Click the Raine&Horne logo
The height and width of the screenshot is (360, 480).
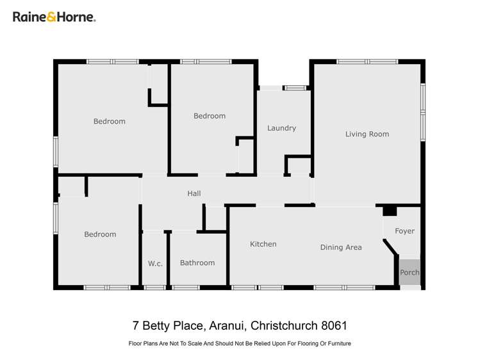coord(54,17)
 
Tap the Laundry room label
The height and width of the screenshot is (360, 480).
coord(281,128)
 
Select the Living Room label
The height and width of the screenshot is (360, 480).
coord(367,134)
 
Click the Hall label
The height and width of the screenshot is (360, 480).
coord(194,193)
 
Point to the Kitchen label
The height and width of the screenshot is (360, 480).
coord(263,244)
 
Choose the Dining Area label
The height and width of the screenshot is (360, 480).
coord(341,247)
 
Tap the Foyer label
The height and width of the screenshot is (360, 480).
coord(404,231)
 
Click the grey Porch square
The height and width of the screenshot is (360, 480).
coord(410,272)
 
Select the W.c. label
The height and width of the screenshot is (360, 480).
coord(154,263)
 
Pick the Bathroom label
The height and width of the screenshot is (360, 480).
coord(197,263)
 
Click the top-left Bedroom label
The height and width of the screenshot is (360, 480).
coord(110,122)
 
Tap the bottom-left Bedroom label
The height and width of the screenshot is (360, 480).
coord(101,234)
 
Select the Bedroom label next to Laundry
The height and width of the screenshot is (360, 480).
coord(210,116)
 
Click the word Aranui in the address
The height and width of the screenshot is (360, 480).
coord(226,326)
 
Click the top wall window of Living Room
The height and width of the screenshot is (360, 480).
coord(367,61)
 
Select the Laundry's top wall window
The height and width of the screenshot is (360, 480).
coord(295,88)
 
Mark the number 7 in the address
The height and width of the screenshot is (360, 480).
coord(135,326)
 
